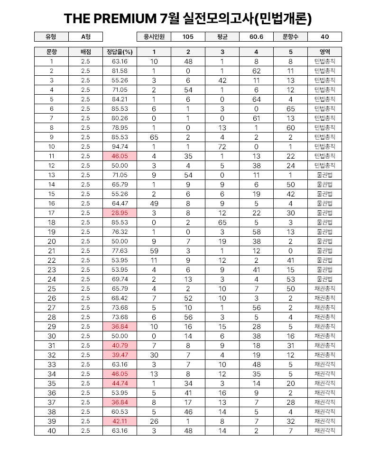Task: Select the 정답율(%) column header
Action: pos(120,52)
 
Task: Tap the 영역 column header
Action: pos(324,52)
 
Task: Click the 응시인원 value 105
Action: pos(188,37)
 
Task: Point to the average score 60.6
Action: pos(256,37)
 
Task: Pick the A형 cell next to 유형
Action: pos(85,37)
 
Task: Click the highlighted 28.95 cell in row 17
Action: pos(120,213)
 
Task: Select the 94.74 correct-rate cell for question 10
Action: pos(120,146)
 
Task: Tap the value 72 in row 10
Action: pos(222,146)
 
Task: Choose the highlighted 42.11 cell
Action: pos(120,421)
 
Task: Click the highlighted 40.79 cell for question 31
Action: pos(120,345)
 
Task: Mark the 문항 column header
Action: pos(51,52)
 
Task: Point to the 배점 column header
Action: pos(85,52)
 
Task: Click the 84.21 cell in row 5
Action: pos(120,99)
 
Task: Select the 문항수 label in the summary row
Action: pos(290,37)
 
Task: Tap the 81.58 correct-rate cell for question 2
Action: pos(120,71)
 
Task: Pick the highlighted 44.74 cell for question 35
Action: pos(120,383)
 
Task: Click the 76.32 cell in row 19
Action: pos(120,232)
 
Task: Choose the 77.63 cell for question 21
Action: pos(120,250)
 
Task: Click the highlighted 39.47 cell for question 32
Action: pos(120,355)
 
